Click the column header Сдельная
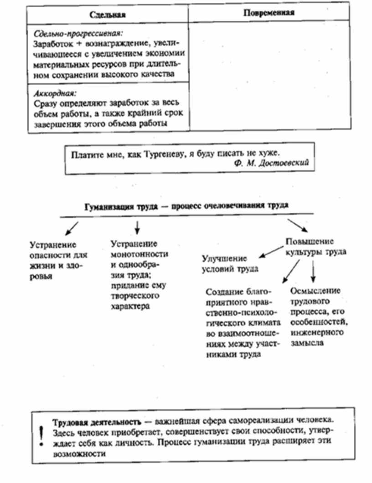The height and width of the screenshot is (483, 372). click(x=108, y=15)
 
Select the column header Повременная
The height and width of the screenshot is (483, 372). click(x=269, y=13)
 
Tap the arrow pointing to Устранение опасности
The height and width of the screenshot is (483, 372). click(x=72, y=226)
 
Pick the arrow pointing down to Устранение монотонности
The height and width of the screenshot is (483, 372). click(x=137, y=226)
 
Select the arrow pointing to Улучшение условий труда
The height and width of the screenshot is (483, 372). click(x=268, y=251)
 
